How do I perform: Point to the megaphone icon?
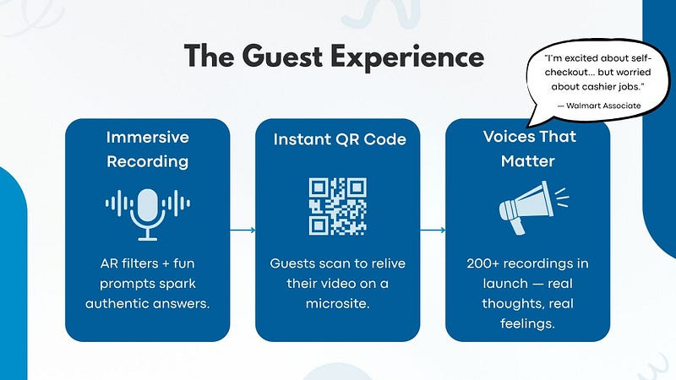[528, 206]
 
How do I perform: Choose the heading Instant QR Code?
[339, 139]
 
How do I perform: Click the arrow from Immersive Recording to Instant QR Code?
[242, 230]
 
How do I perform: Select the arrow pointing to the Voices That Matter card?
[433, 230]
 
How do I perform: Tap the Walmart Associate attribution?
[598, 105]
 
